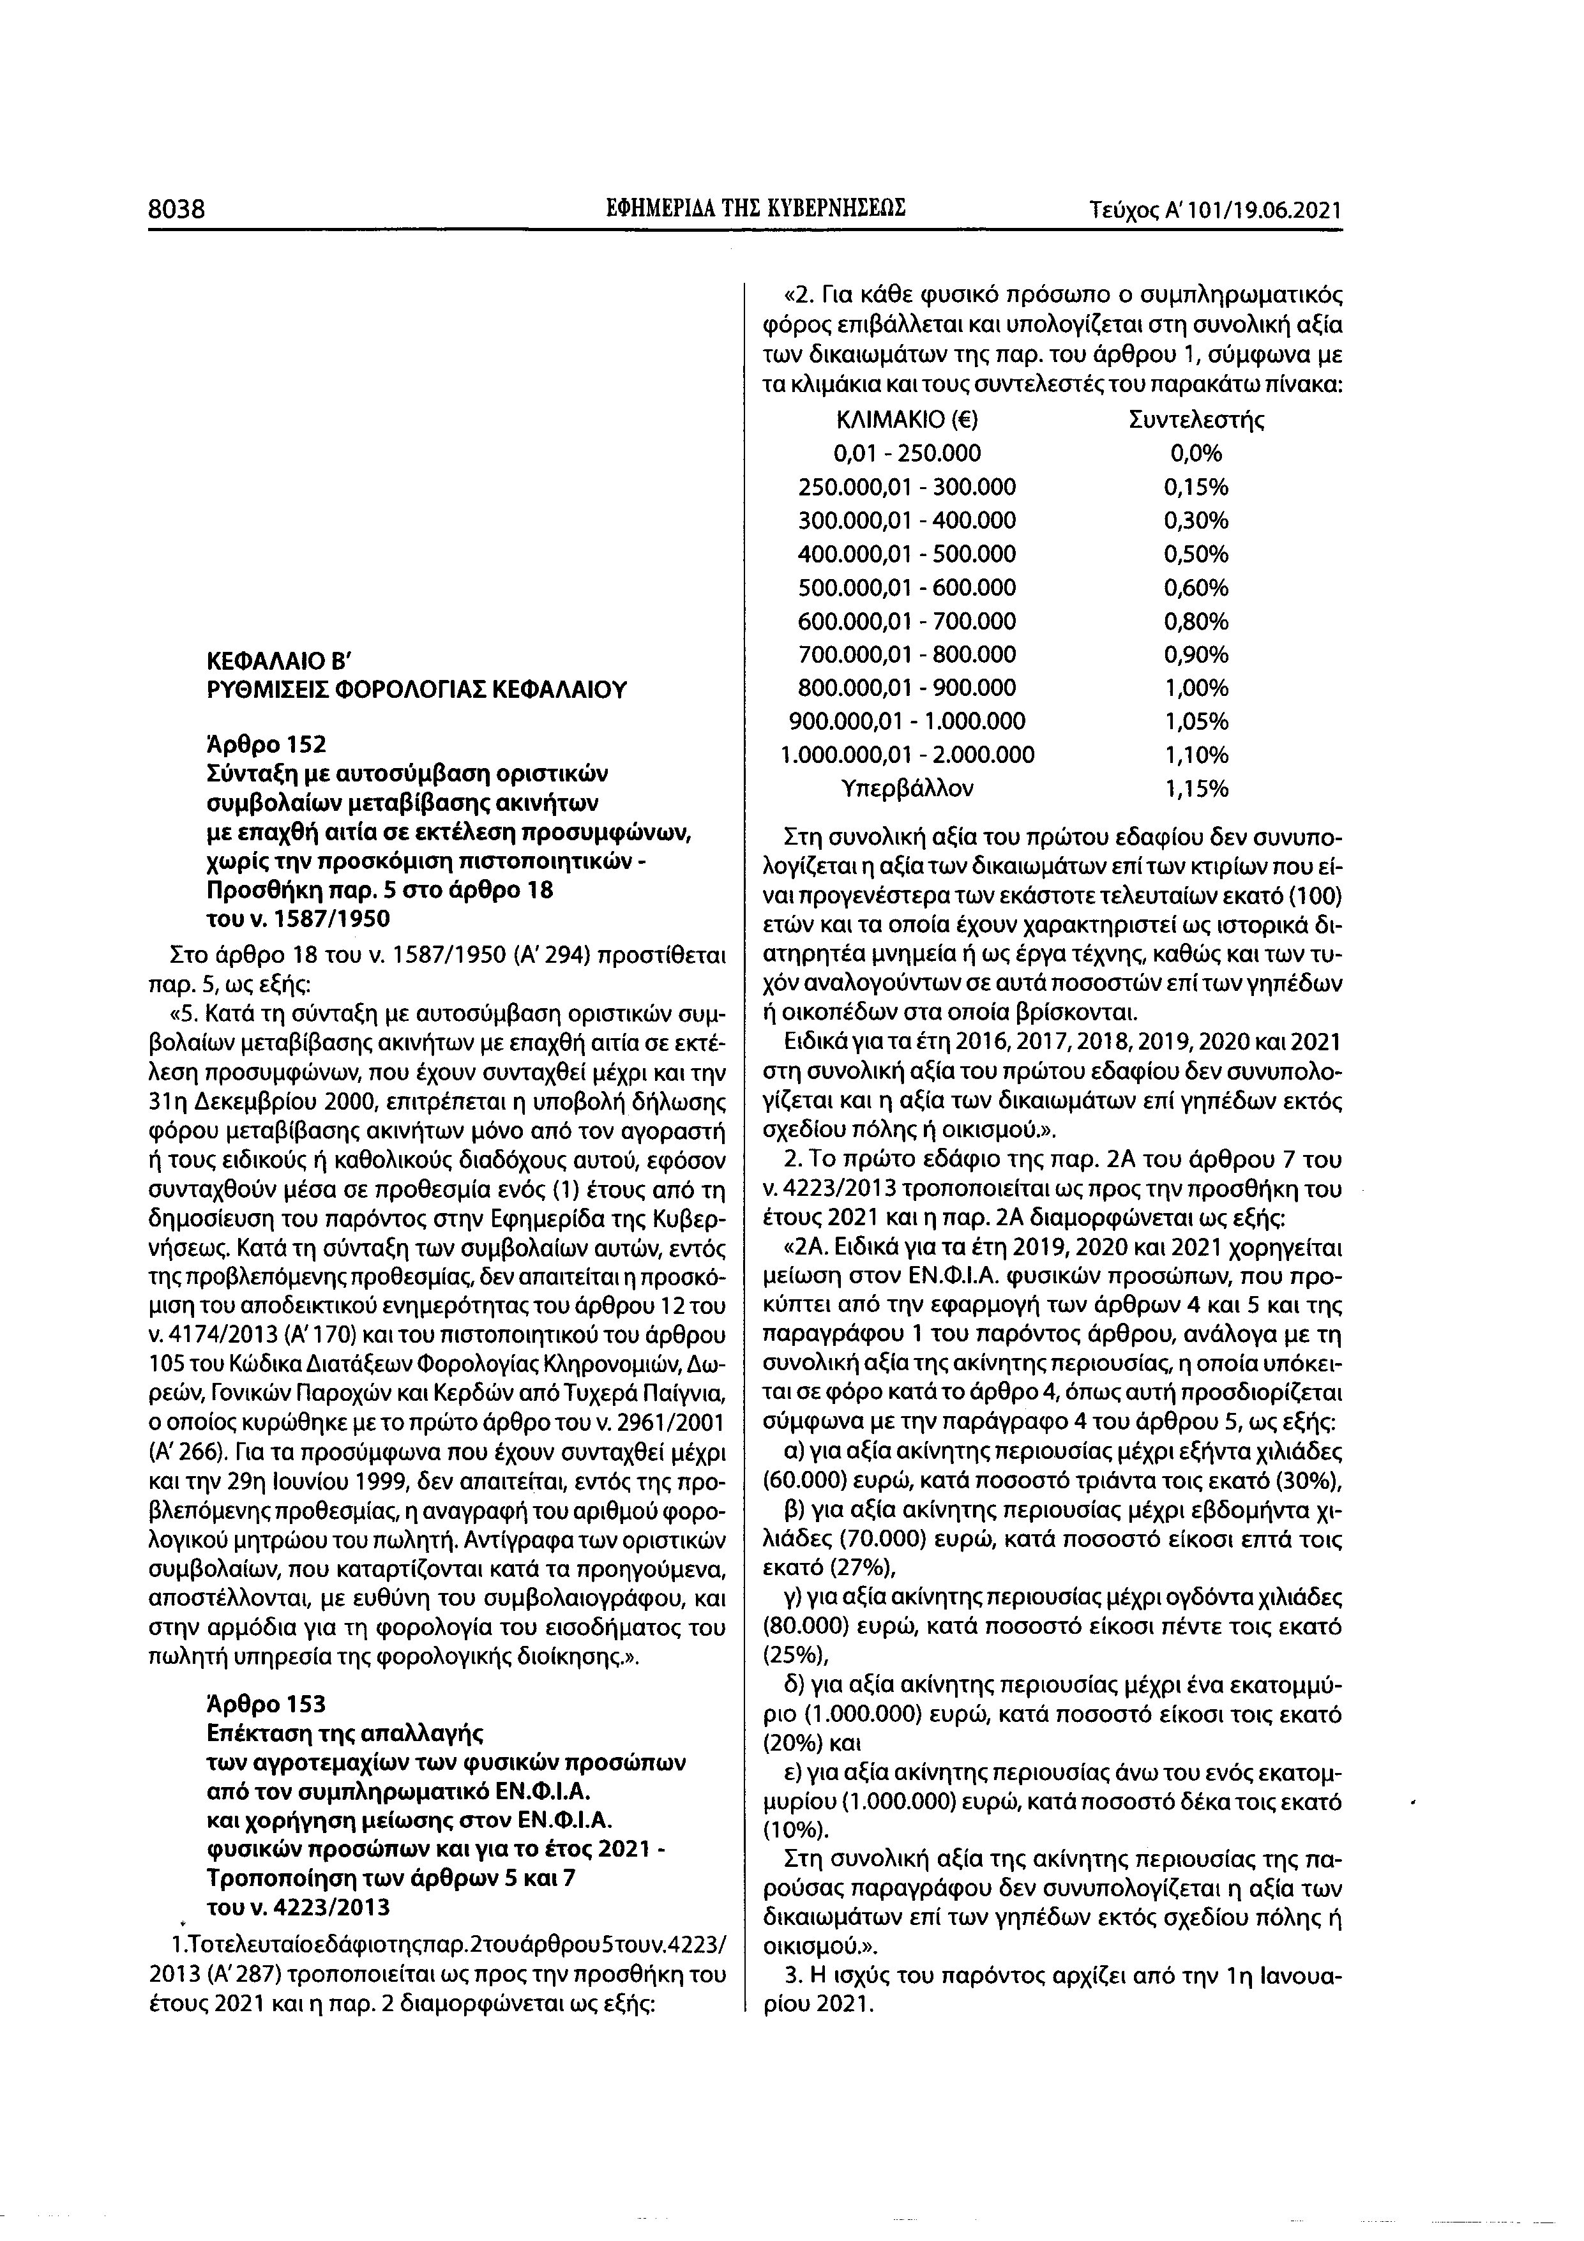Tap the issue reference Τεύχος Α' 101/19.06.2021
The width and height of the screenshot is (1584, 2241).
point(1215,210)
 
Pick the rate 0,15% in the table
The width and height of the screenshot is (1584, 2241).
point(1196,487)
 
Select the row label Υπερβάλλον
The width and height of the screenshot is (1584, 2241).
point(908,788)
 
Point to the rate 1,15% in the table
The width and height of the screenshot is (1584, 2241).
point(1196,788)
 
